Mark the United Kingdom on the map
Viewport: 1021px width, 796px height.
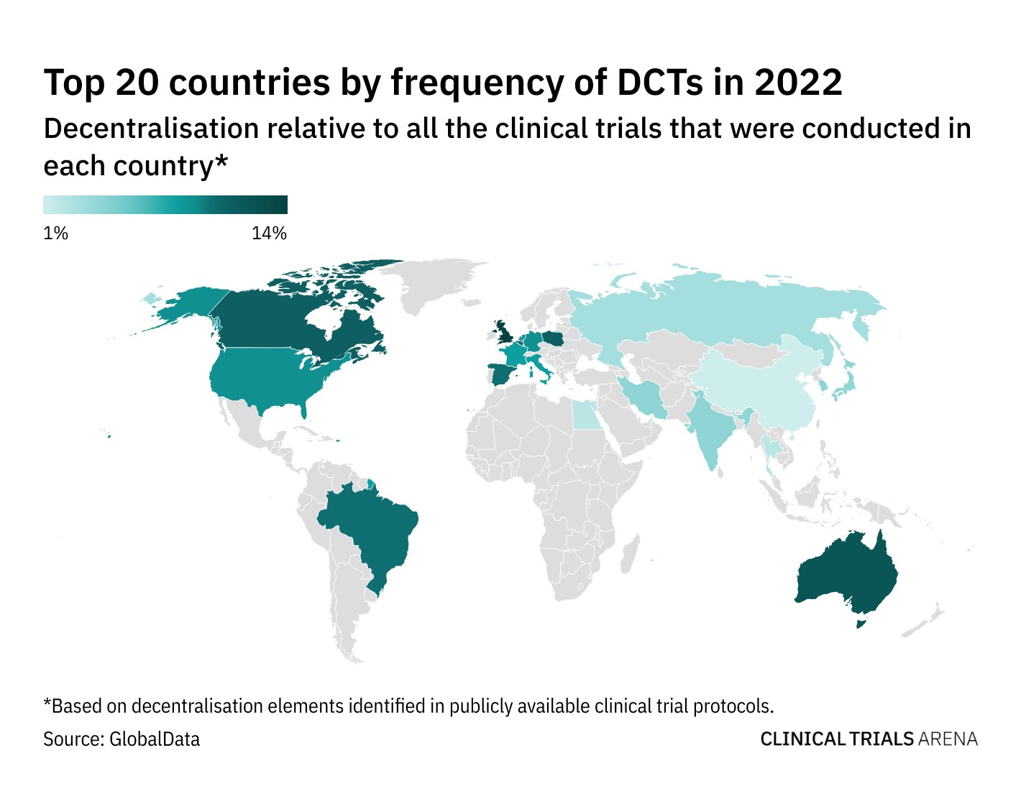pos(504,333)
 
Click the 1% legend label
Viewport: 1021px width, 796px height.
pos(55,233)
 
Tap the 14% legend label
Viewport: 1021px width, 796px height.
pos(270,233)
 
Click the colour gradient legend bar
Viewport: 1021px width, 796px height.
pos(165,205)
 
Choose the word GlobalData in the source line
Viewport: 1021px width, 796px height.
pos(155,739)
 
